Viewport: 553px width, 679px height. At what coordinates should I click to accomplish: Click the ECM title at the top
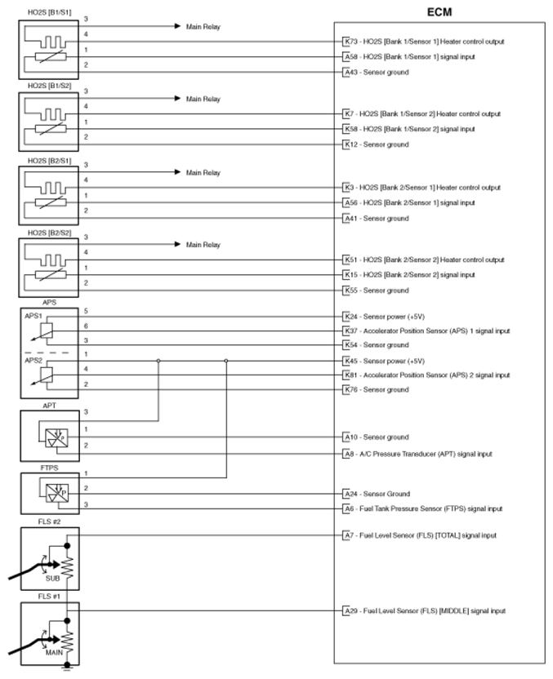(441, 12)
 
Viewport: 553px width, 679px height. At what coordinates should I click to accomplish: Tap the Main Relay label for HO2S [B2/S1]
(203, 173)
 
